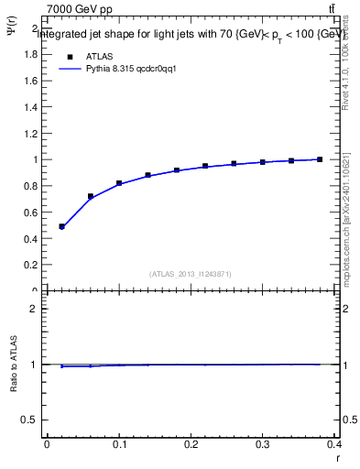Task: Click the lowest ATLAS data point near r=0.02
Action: click(x=61, y=226)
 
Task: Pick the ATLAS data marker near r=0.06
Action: click(x=91, y=196)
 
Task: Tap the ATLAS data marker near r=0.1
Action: click(x=119, y=183)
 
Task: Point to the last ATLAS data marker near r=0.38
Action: click(x=320, y=159)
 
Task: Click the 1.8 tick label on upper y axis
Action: click(x=30, y=54)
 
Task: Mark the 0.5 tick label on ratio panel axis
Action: click(x=30, y=420)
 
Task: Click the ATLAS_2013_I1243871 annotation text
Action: click(x=191, y=274)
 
